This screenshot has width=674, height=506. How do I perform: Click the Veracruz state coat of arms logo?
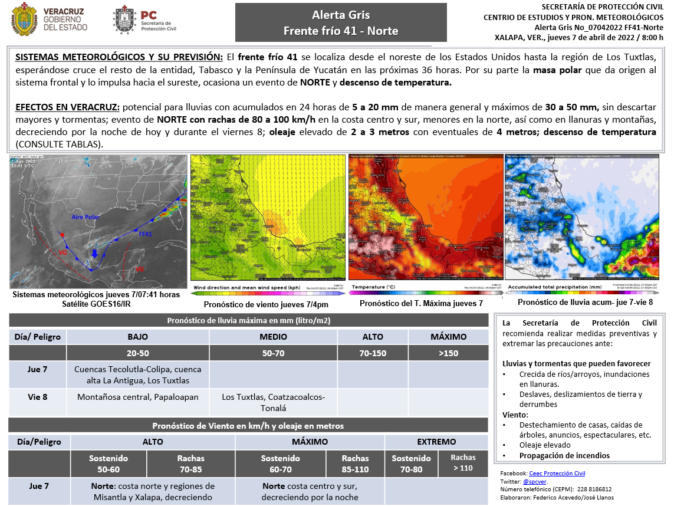click(x=24, y=19)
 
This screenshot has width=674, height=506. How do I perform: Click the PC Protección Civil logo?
click(x=125, y=19)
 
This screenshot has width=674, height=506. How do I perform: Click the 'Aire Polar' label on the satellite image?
click(x=85, y=217)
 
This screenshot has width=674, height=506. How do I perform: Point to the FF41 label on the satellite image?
click(x=145, y=234)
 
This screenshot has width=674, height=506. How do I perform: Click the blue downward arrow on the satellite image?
click(x=94, y=253)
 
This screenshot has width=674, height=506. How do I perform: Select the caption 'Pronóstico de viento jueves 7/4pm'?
click(x=266, y=304)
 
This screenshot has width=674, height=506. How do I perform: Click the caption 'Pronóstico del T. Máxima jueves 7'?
click(x=421, y=303)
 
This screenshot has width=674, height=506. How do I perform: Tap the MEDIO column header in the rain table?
click(x=273, y=337)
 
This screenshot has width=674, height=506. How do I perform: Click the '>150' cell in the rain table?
click(x=448, y=353)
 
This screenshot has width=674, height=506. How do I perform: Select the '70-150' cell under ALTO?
click(x=373, y=353)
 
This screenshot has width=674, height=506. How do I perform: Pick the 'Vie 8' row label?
click(x=38, y=397)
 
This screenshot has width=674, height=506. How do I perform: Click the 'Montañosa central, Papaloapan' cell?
click(x=138, y=397)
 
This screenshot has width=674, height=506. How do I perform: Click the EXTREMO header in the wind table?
click(x=436, y=441)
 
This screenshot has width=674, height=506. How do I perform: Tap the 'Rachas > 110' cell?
click(x=463, y=462)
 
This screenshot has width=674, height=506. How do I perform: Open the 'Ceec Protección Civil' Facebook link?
click(x=557, y=473)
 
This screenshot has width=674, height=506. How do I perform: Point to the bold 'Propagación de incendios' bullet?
click(x=564, y=455)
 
